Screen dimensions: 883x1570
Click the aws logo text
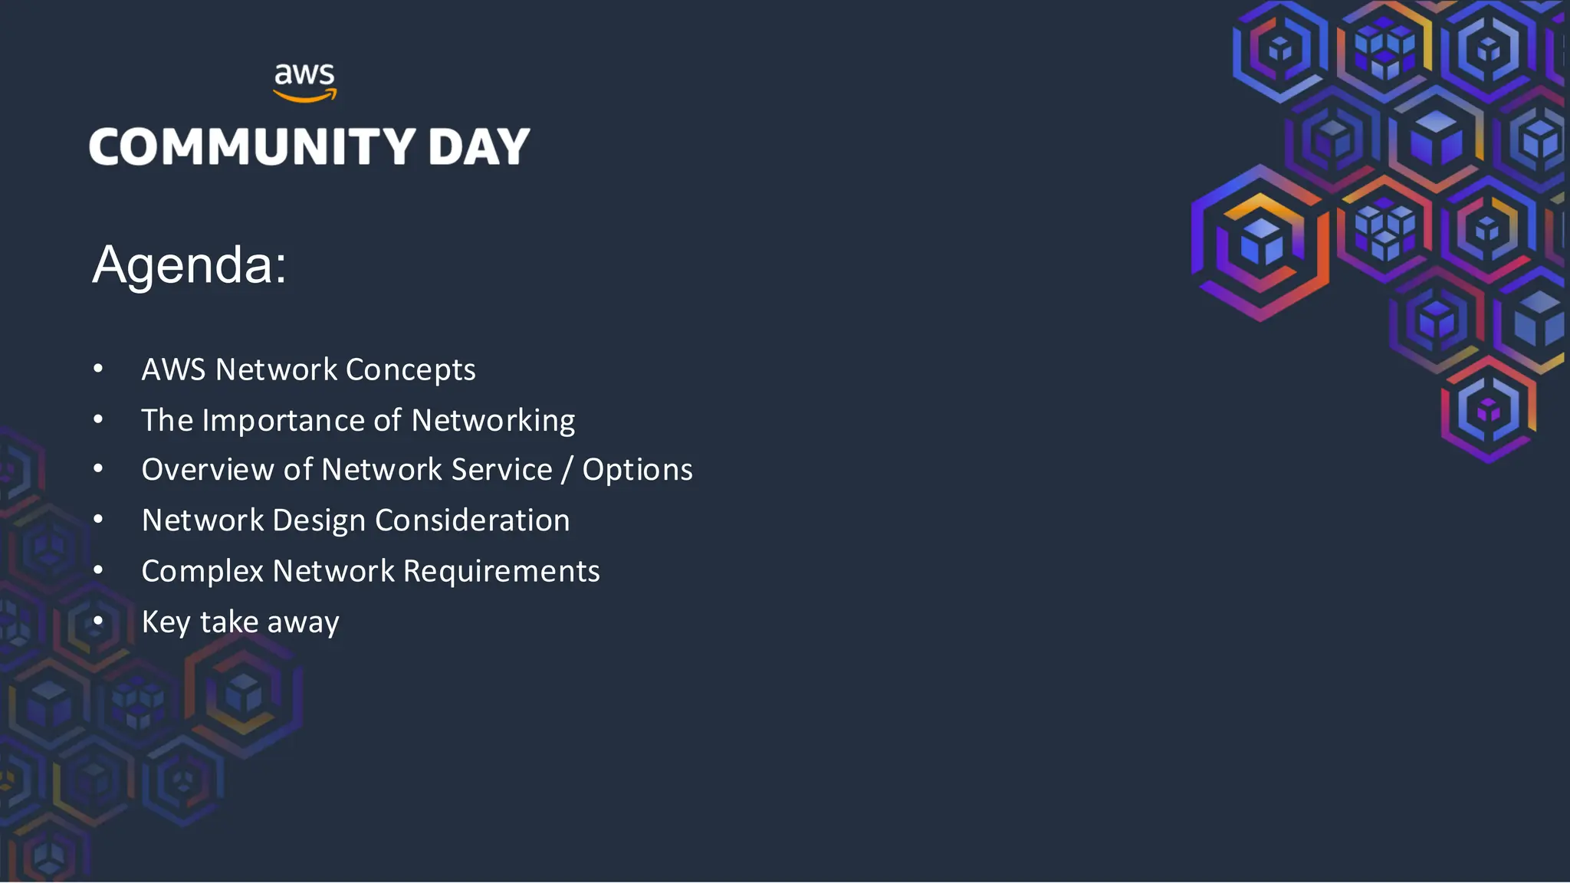tap(304, 75)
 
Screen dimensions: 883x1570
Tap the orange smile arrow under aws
tap(305, 97)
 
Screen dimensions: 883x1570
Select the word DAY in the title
tap(478, 146)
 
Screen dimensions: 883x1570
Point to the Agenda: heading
tap(189, 264)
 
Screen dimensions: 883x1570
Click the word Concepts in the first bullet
tap(410, 370)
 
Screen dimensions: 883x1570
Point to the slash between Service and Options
tap(567, 470)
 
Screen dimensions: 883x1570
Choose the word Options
tap(637, 470)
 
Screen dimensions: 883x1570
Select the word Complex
tap(202, 572)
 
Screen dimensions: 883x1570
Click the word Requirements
tap(501, 572)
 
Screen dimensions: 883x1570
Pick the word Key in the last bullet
tap(166, 622)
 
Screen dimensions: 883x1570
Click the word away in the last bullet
tap(303, 622)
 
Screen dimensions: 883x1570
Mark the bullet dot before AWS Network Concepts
tap(98, 369)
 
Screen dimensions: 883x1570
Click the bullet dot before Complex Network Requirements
tap(98, 570)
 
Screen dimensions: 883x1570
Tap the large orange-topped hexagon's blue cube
tap(1261, 241)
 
